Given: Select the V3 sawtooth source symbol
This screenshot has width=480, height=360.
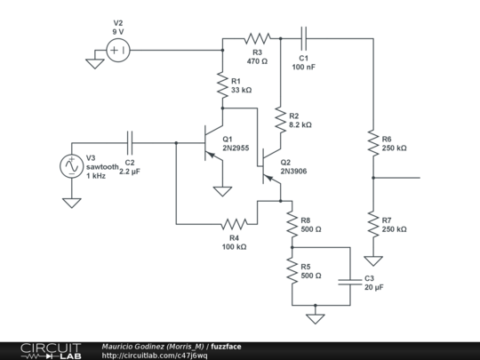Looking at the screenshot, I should pyautogui.click(x=69, y=165).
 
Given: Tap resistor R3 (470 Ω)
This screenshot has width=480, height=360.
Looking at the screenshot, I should pyautogui.click(x=257, y=38).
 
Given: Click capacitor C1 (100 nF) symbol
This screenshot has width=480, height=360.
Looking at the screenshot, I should pyautogui.click(x=304, y=38).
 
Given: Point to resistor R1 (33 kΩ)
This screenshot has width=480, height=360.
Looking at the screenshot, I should pyautogui.click(x=222, y=86).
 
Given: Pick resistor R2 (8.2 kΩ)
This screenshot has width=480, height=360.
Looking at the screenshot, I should pyautogui.click(x=280, y=120).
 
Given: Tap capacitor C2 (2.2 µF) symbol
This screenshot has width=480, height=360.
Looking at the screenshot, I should pyautogui.click(x=131, y=142).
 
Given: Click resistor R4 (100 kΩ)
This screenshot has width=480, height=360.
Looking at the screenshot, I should pyautogui.click(x=234, y=223).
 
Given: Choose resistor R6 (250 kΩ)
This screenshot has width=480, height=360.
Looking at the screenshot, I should pyautogui.click(x=373, y=142).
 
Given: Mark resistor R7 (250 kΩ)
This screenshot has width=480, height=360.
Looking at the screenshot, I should pyautogui.click(x=373, y=223).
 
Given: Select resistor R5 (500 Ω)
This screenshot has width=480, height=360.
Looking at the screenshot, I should pyautogui.click(x=292, y=270).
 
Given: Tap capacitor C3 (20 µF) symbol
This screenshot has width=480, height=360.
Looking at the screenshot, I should pyautogui.click(x=348, y=282).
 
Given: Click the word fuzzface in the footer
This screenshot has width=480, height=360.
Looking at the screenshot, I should pyautogui.click(x=226, y=347).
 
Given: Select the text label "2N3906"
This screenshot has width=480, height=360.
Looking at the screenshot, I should pyautogui.click(x=293, y=172).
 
